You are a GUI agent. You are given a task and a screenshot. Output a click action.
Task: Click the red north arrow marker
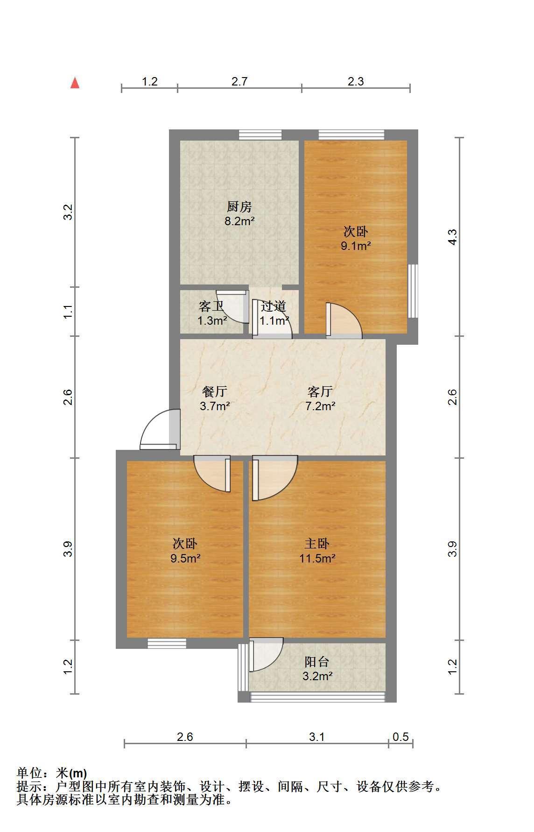(75, 83)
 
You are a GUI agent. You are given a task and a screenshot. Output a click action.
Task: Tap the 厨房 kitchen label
(239, 206)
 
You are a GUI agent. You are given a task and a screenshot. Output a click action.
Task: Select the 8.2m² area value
(239, 221)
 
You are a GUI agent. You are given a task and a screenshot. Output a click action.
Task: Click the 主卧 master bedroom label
(317, 543)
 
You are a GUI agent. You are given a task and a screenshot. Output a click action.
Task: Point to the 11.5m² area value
(317, 558)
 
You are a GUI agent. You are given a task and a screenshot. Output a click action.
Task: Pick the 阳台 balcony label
(317, 661)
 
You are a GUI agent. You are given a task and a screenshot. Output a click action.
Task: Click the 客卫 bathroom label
(211, 306)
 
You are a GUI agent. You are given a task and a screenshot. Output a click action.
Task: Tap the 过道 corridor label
(274, 306)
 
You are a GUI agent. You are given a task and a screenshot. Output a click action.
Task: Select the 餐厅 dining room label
(215, 391)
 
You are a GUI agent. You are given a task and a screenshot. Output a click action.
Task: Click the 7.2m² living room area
(320, 406)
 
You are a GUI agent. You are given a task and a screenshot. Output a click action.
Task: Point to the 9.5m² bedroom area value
(185, 558)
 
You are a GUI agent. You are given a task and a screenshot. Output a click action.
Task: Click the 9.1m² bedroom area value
(356, 246)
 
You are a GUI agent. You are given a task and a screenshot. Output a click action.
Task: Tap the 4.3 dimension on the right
(452, 237)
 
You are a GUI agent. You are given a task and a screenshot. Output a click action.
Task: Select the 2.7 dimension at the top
(239, 81)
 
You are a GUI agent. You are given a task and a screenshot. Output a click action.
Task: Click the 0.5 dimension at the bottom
(400, 737)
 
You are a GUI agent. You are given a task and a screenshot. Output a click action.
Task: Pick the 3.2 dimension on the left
(68, 213)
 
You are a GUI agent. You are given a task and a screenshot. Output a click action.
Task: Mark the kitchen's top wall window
(260, 135)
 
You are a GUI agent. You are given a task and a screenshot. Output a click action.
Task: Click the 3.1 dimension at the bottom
(317, 737)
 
